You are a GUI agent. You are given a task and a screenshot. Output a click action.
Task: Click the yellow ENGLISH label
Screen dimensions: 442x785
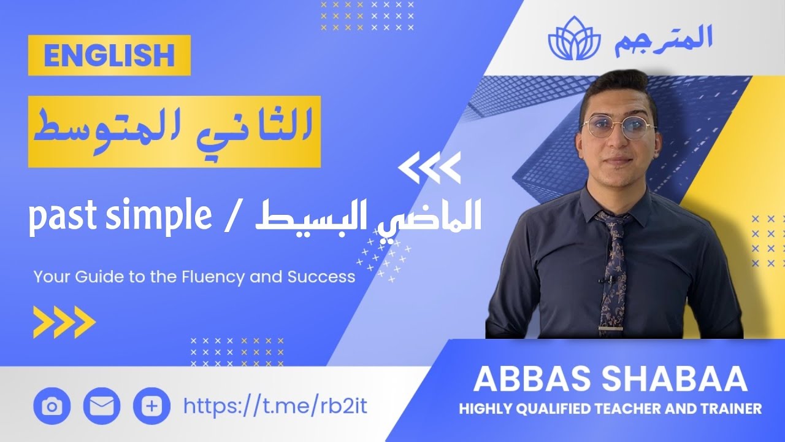coord(109,56)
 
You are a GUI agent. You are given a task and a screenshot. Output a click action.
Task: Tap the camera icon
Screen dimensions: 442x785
coord(52,406)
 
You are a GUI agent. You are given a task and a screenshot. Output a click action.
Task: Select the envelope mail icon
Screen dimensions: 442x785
coord(101,406)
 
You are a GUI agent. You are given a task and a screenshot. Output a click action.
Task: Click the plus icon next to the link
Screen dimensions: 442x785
coord(151,406)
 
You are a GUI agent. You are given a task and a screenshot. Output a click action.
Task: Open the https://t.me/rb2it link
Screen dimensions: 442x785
coord(275,405)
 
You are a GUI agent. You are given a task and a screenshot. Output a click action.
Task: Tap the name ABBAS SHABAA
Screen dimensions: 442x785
coord(610,380)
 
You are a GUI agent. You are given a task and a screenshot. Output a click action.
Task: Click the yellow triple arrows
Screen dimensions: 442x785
coord(64,322)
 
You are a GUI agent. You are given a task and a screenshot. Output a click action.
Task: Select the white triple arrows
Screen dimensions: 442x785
coord(429,169)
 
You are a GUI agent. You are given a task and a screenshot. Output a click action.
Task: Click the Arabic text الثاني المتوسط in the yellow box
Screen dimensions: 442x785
coord(174,131)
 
